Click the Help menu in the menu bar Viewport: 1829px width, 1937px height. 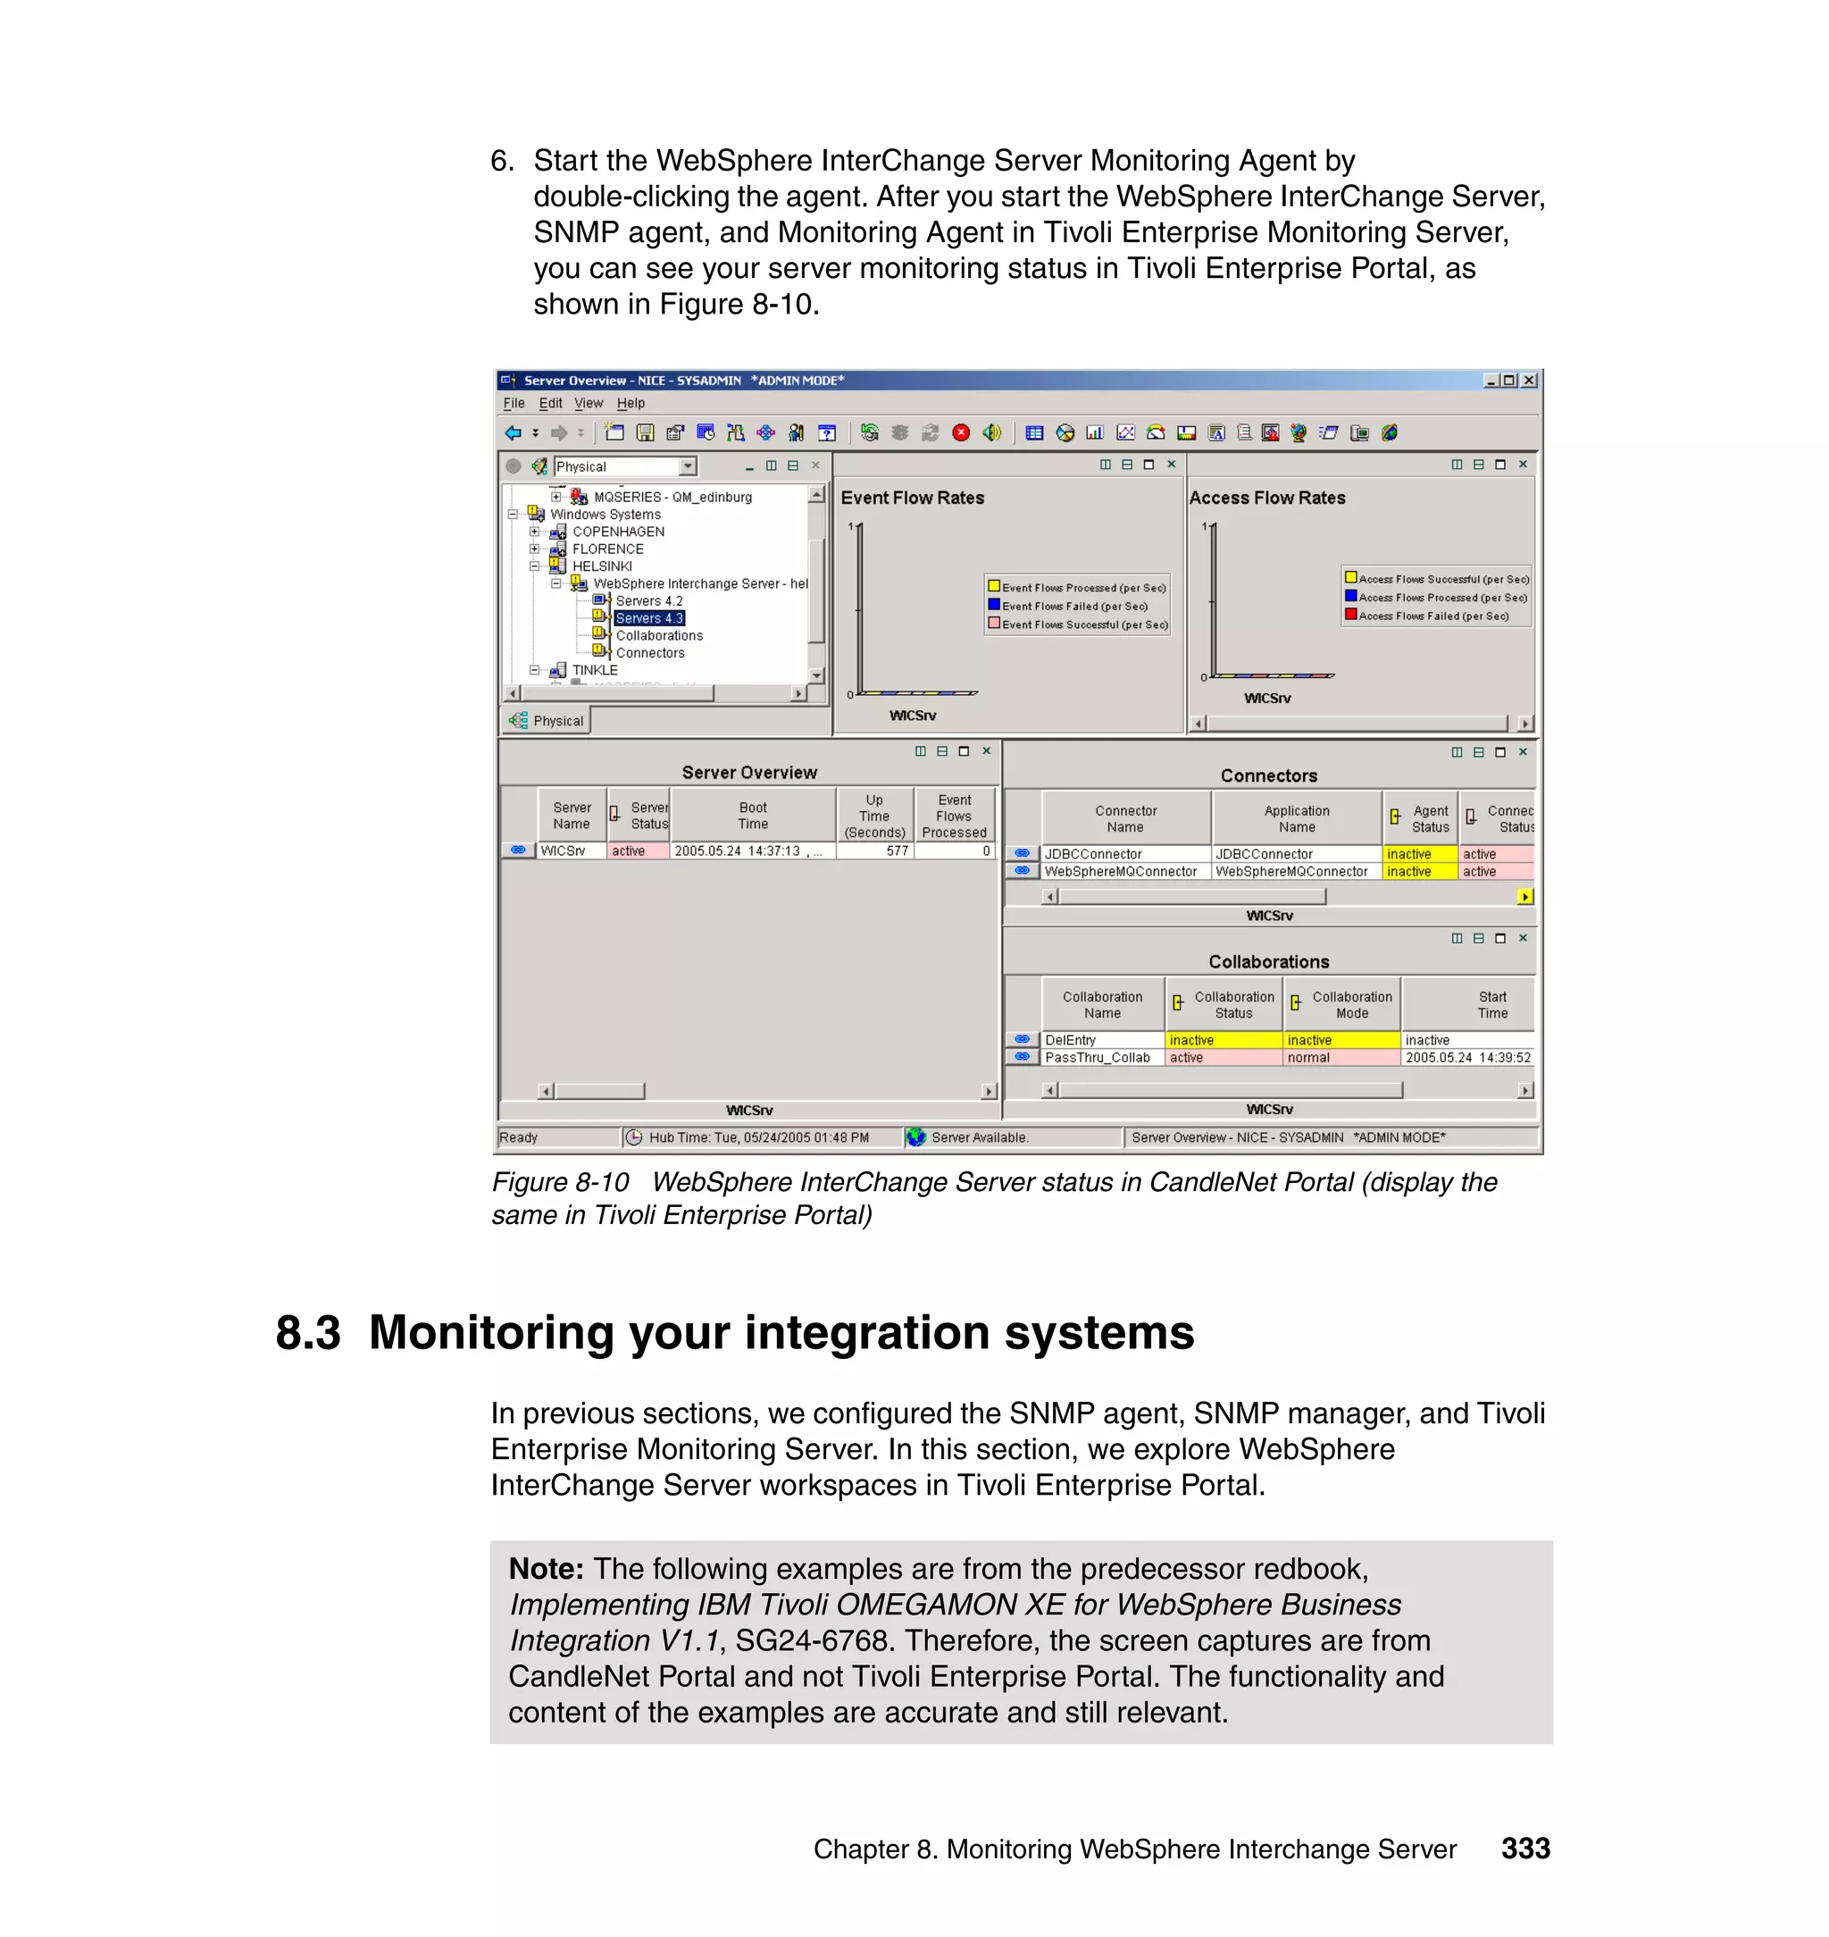click(630, 403)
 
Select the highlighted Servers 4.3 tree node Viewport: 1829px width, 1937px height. click(649, 618)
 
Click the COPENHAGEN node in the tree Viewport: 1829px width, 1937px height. click(617, 532)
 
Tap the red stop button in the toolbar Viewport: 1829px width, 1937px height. click(961, 433)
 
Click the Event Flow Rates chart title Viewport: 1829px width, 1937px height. click(912, 498)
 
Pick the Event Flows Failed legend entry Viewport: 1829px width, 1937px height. click(1074, 607)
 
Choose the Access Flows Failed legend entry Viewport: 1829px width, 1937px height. click(1433, 616)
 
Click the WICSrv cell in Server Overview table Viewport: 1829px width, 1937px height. click(564, 851)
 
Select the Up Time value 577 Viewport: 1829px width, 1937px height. click(897, 851)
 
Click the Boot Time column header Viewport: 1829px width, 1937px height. click(753, 816)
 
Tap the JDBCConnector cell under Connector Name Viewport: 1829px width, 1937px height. click(1093, 854)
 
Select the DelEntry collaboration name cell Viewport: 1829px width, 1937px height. click(1071, 1041)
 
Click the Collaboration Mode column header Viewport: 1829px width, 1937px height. click(1351, 1004)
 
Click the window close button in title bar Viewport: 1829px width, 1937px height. click(1529, 381)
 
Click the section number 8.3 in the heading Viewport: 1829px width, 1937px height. click(308, 1332)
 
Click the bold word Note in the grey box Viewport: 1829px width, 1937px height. click(545, 1568)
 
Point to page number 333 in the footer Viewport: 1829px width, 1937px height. click(1524, 1849)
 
